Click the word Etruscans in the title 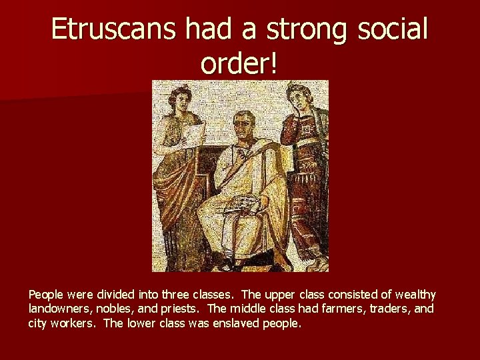pyautogui.click(x=112, y=29)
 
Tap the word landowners pyautogui.click(x=57, y=309)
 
